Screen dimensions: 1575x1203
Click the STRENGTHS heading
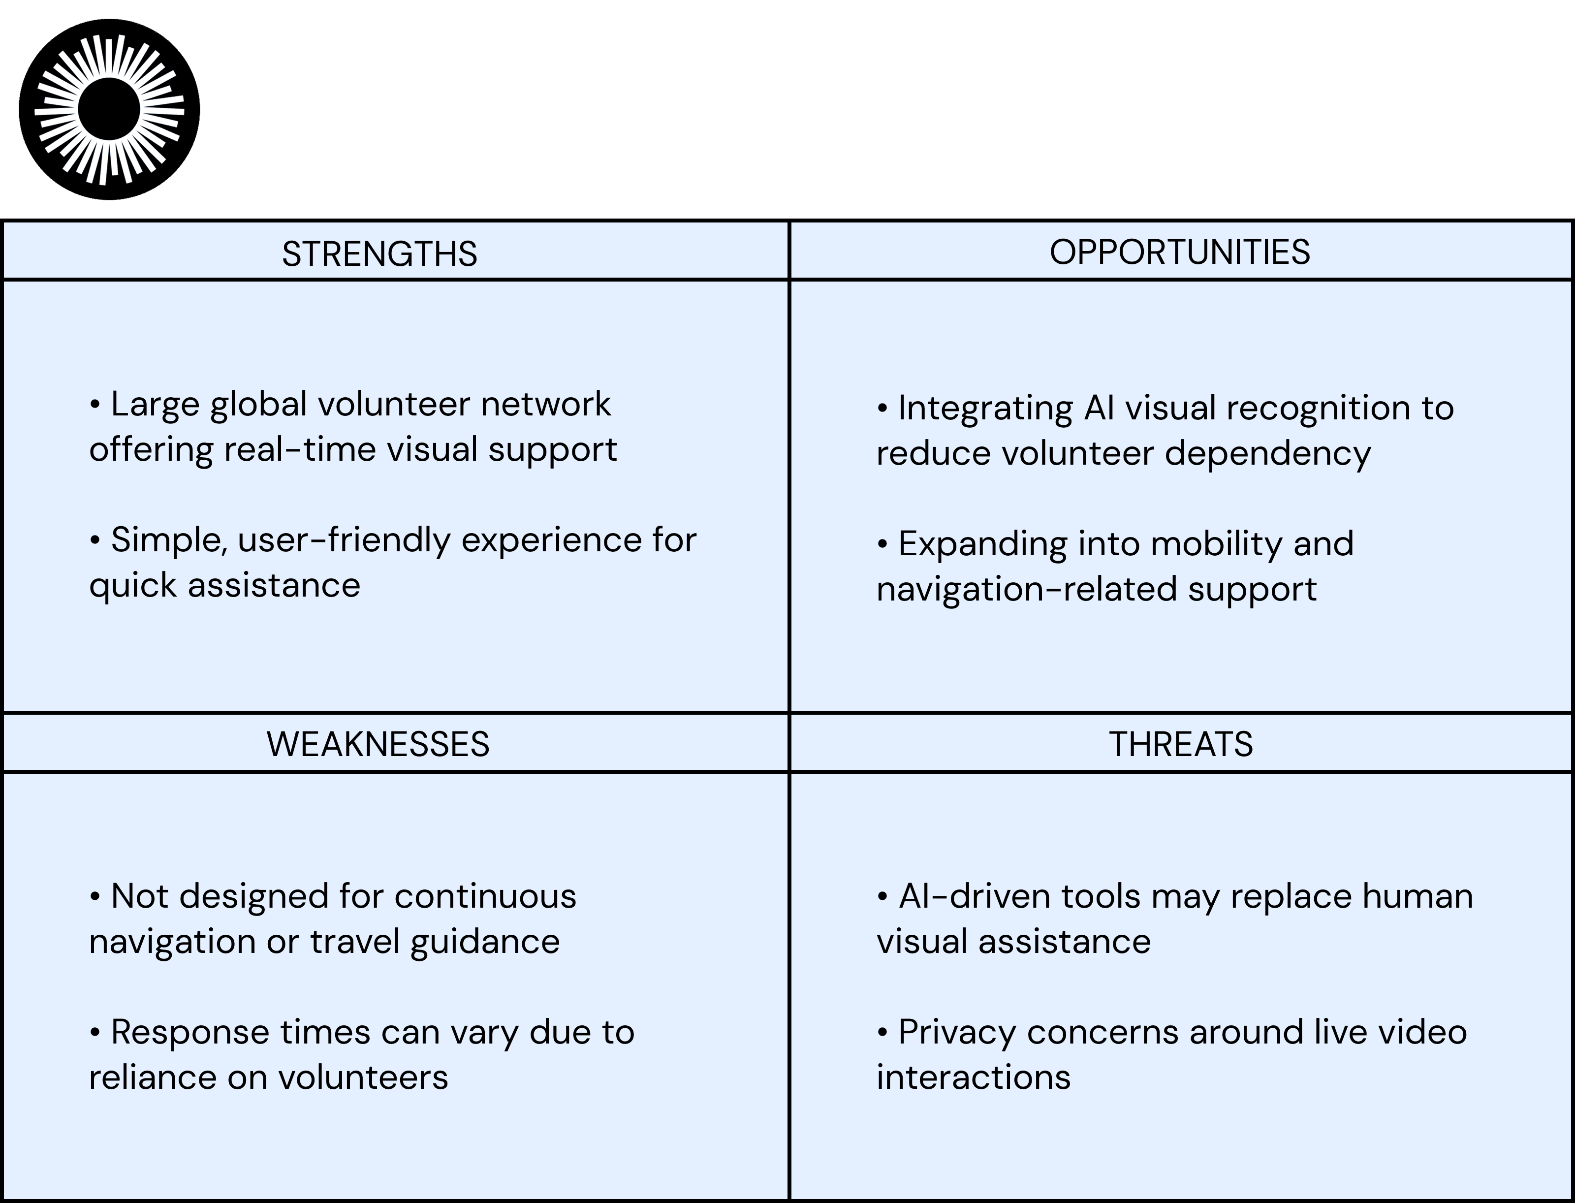click(379, 254)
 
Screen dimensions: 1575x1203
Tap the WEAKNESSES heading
click(378, 744)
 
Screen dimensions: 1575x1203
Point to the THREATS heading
click(1181, 744)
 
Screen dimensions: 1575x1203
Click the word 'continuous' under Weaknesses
click(485, 896)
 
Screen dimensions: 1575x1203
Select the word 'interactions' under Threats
click(973, 1077)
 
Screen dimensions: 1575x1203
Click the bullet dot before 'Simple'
click(95, 540)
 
